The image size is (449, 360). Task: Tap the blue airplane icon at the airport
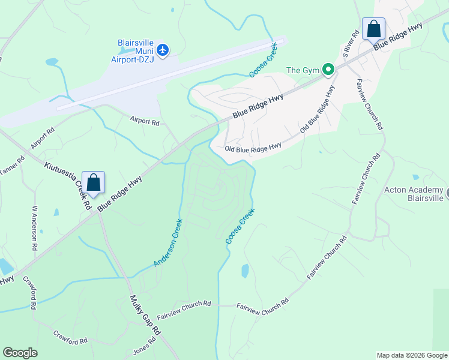point(163,49)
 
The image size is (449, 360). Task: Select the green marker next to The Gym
point(328,70)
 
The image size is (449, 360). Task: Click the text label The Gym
point(303,70)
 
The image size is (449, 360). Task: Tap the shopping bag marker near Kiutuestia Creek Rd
point(94,182)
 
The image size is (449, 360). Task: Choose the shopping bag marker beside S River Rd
point(373,29)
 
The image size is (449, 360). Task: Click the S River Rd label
point(350,46)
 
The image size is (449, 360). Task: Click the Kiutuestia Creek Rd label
point(66,183)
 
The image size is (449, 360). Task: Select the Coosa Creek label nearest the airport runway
point(263,60)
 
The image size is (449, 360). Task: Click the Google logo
point(20,353)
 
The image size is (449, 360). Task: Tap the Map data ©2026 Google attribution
point(412,355)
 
